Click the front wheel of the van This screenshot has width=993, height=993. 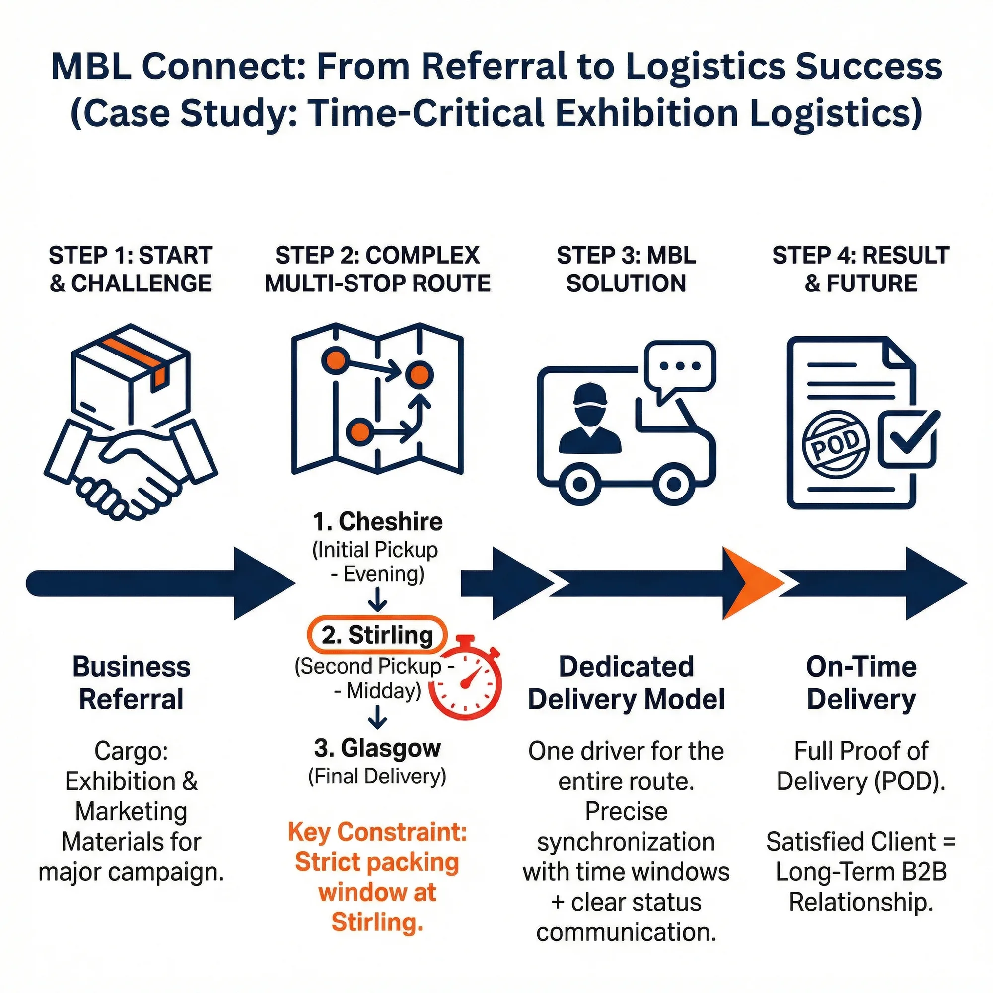pyautogui.click(x=673, y=483)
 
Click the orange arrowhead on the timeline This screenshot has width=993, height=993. pyautogui.click(x=748, y=583)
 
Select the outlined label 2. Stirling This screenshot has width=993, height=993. pyautogui.click(x=377, y=636)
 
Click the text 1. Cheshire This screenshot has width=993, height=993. pyautogui.click(x=377, y=522)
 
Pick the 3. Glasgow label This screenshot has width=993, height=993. pyautogui.click(x=377, y=748)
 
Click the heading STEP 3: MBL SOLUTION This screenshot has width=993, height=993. pyautogui.click(x=626, y=269)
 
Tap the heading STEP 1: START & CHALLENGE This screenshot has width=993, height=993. pyautogui.click(x=131, y=269)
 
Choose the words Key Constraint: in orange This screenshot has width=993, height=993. pyautogui.click(x=377, y=832)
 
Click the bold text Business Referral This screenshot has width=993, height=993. pyautogui.click(x=132, y=683)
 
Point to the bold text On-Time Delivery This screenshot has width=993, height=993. pyautogui.click(x=861, y=683)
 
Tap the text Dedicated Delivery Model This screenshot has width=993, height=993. pyautogui.click(x=626, y=683)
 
